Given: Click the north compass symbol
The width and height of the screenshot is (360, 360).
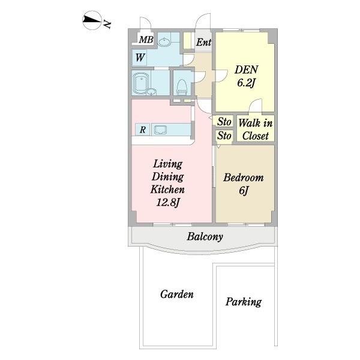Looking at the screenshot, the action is tap(92, 20).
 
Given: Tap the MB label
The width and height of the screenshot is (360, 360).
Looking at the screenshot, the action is tap(146, 40).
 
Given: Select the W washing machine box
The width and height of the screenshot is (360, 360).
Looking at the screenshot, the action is tap(139, 58).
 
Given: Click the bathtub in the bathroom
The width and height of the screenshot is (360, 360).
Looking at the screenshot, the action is tap(140, 83).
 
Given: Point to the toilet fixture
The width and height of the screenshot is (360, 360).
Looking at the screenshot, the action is tap(182, 87).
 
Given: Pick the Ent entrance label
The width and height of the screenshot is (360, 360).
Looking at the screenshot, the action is tap(203, 42).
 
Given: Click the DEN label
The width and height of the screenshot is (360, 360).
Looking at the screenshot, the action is tap(247, 70).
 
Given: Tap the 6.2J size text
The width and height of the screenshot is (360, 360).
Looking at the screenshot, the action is tap(246, 83).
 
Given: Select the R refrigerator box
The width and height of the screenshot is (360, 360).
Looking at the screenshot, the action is tap(143, 130).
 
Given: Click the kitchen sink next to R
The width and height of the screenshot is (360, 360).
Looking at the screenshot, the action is tap(160, 130).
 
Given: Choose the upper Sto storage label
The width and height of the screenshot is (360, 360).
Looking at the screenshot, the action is tap(224, 122).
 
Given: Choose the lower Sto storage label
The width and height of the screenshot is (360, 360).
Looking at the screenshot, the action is tap(224, 136).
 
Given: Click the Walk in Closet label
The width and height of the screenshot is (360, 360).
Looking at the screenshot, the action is tap(256, 130).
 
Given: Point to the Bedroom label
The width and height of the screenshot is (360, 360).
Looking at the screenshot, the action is tap(244, 178).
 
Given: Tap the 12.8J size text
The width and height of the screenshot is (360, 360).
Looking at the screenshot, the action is tap(167, 203).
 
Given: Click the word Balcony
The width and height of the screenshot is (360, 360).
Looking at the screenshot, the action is tap(205, 237).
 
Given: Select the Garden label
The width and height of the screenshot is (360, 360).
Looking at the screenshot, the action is tap(177, 294).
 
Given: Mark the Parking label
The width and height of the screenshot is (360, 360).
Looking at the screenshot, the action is tap(244, 302).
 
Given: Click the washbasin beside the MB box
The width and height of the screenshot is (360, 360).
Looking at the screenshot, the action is tap(164, 42).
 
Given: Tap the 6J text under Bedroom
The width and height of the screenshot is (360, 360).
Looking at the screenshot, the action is tap(244, 191).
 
